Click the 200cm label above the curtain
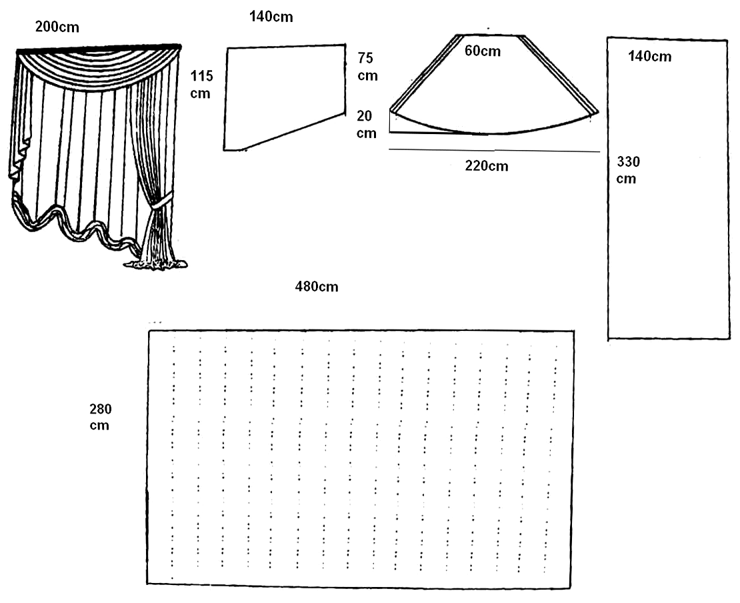(x=57, y=27)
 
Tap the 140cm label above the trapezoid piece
(x=271, y=17)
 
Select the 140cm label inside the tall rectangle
(x=650, y=56)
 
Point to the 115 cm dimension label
(x=201, y=85)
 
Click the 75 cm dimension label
(x=367, y=67)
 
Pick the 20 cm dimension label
(x=366, y=124)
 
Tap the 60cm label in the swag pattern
(x=482, y=51)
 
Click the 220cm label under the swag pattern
(x=487, y=165)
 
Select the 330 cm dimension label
(x=628, y=170)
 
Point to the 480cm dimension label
(x=317, y=287)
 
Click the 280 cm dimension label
(x=101, y=417)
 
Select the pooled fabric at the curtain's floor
(x=156, y=264)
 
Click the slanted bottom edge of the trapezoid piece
(x=293, y=132)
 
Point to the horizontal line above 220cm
(x=494, y=151)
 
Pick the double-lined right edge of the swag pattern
(x=559, y=73)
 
